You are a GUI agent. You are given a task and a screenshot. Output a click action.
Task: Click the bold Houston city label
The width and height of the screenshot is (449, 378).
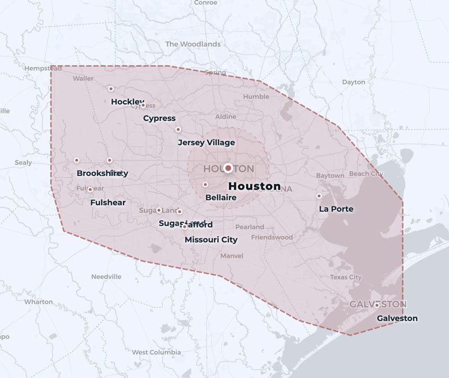coord(255,186)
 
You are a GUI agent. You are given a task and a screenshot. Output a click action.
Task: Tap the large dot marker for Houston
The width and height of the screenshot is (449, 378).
coord(228,168)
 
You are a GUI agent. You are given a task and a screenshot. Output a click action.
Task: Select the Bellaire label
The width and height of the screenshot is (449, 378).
coord(221,197)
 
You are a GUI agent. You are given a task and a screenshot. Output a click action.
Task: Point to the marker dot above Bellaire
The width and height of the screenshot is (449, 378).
coord(205,185)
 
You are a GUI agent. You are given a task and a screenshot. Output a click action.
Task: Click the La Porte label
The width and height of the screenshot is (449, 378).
coord(336,209)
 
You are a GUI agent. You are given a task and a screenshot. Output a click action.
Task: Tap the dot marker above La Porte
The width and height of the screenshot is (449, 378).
coord(319,196)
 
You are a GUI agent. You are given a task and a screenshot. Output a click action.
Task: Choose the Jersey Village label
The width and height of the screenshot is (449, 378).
coord(206,142)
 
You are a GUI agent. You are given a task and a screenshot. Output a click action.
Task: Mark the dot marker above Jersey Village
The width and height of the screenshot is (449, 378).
coord(178,130)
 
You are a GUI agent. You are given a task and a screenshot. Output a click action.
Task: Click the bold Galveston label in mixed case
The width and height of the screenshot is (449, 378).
coord(397,318)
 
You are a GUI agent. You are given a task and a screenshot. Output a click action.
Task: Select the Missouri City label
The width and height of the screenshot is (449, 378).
coord(211,239)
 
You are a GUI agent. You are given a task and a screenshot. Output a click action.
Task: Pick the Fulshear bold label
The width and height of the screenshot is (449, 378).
coord(108,202)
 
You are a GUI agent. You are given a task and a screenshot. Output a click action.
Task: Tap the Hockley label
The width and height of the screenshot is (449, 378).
coord(127,102)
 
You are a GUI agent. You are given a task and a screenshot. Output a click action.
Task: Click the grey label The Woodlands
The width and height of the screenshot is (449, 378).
coord(193,44)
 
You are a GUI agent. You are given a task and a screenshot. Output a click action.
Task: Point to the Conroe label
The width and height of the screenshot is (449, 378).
coord(205,3)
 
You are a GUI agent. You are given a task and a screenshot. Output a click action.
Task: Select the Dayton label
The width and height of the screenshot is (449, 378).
coord(354,82)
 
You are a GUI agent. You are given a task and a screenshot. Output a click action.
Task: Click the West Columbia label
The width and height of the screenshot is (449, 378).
coord(157,352)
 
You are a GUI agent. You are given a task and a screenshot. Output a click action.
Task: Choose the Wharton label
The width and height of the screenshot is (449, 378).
coord(39,302)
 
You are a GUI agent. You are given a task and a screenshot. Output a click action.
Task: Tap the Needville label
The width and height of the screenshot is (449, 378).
coord(106,276)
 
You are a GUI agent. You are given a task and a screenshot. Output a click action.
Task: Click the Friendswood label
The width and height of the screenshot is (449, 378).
coord(272,237)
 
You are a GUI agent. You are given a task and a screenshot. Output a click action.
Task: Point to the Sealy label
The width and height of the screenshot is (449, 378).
coord(23,163)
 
